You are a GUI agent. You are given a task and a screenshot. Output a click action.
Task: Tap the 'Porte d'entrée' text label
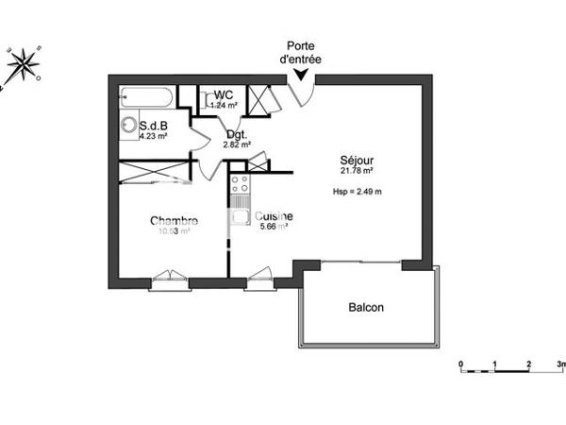301,53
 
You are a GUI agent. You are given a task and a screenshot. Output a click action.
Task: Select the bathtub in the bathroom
146,97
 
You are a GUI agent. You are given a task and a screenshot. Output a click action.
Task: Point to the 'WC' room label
224,94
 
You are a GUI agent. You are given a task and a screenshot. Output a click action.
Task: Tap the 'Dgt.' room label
235,134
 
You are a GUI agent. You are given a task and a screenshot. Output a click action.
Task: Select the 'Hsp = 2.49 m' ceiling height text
357,192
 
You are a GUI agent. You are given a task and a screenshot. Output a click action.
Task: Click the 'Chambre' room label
174,221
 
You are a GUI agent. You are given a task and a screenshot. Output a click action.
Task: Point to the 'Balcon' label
366,307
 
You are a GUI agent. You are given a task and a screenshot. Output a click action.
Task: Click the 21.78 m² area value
358,172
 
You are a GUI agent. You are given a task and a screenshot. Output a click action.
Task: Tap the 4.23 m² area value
153,136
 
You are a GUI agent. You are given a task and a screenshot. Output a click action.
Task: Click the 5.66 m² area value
273,227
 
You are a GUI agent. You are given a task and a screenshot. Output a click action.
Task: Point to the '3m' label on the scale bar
560,364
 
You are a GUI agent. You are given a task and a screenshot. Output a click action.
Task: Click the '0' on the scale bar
460,364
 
